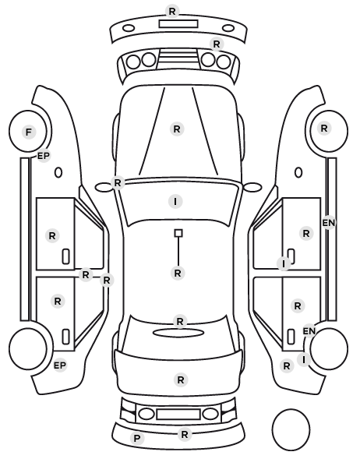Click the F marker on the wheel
pos(29,132)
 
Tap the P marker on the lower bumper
pos(137,438)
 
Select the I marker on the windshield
pos(175,202)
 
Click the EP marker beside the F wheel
pos(44,156)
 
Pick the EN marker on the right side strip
pos(329,223)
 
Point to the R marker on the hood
pos(177,129)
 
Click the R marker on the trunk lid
pos(181,380)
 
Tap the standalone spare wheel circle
pos(291,429)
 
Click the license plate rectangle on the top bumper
pos(178,24)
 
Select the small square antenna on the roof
pos(178,233)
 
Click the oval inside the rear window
pos(179,334)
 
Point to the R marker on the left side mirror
pos(118,183)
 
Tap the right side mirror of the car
pos(252,187)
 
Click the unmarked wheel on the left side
pos(28,348)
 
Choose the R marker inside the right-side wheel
pos(324,129)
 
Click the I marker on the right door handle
pos(284,263)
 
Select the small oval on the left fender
pos(58,172)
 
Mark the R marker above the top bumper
pos(172,11)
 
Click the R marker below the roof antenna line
pos(178,273)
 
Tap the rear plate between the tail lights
pos(178,415)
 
